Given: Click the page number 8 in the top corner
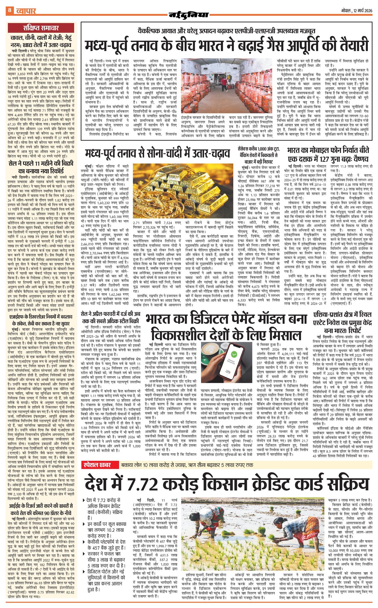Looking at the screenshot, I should click(x=9, y=10).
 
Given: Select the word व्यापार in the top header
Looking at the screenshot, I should click(x=25, y=11).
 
